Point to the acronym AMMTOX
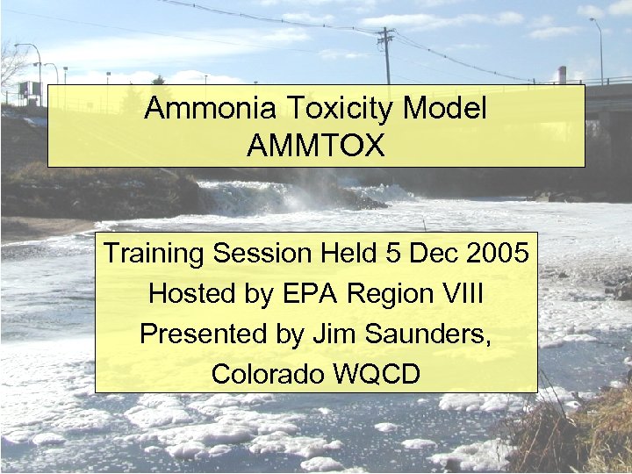point(316,146)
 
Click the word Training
point(154,254)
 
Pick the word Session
point(261,254)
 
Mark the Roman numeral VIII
point(456,294)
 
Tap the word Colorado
point(268,375)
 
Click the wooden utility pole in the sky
point(385,53)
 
